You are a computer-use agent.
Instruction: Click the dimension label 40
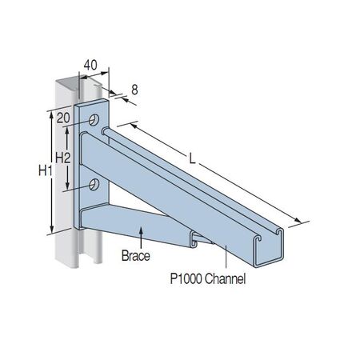pos(90,65)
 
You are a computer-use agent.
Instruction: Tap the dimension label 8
pos(134,90)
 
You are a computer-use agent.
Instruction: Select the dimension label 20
pos(63,118)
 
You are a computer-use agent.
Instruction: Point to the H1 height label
pos(46,170)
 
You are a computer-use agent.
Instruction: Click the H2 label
pos(63,158)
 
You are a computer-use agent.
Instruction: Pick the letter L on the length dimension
pos(192,159)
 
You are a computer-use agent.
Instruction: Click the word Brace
pos(136,256)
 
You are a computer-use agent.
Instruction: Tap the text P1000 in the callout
pos(186,279)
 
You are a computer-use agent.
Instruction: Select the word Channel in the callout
pos(226,279)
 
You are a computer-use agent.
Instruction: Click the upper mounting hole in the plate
pos(94,120)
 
